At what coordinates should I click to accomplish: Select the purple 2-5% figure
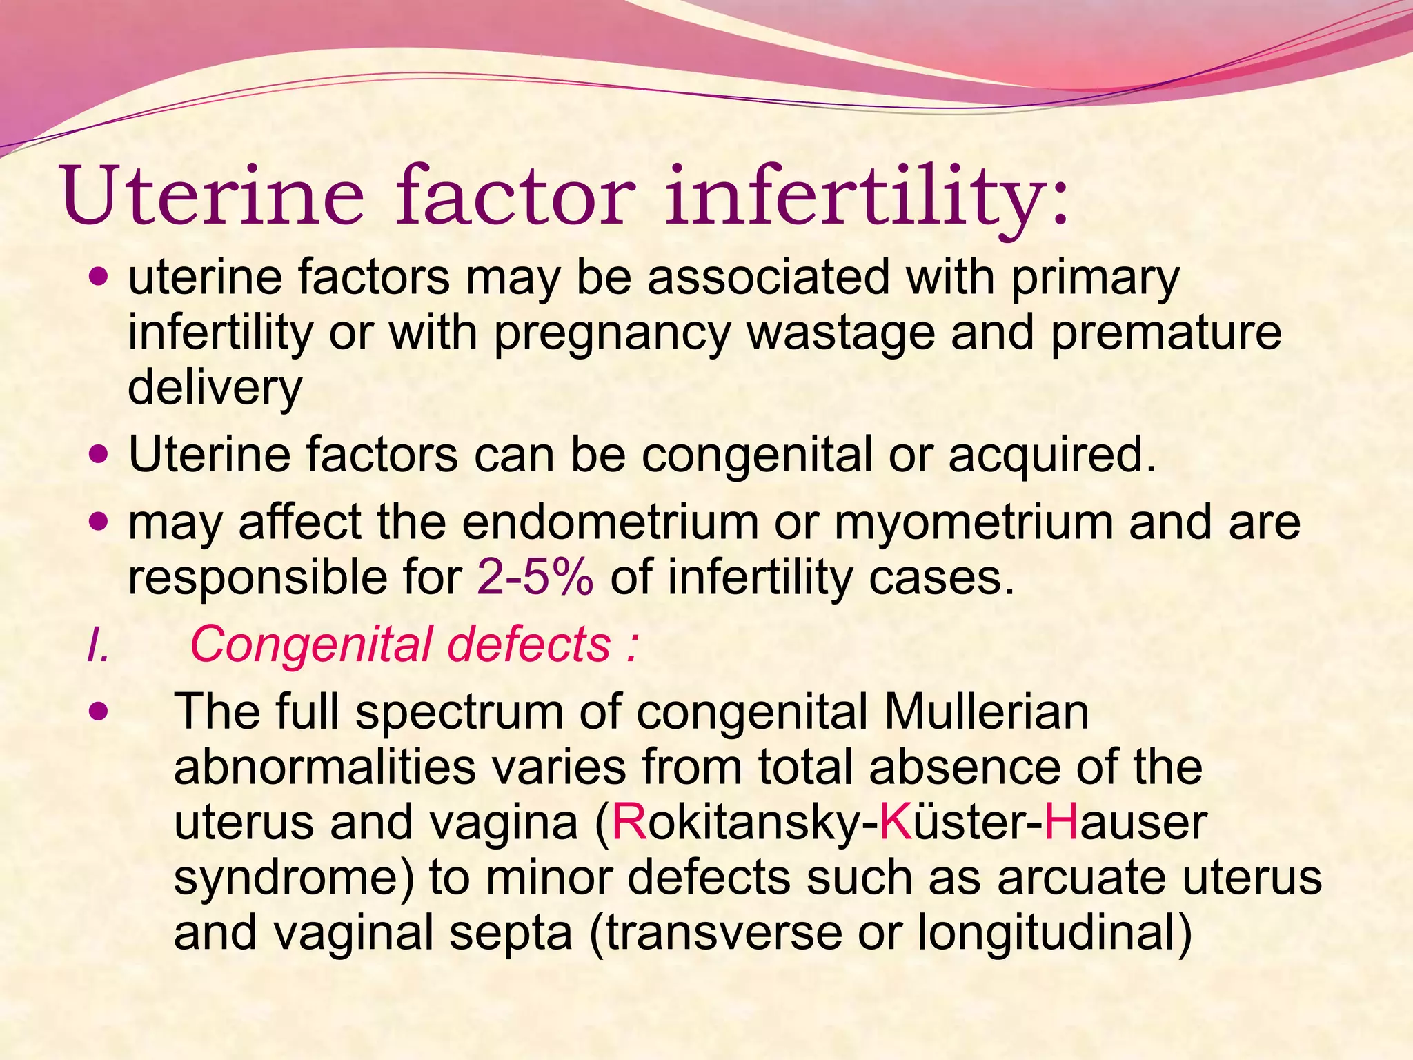click(535, 578)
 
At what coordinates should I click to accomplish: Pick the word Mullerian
click(986, 711)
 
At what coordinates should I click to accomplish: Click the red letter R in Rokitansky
click(629, 822)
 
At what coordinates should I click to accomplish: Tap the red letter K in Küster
click(896, 822)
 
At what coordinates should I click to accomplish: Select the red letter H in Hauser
click(1061, 822)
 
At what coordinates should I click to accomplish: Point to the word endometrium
click(610, 522)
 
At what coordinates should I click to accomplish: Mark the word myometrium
click(974, 522)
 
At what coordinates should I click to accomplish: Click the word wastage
click(840, 333)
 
